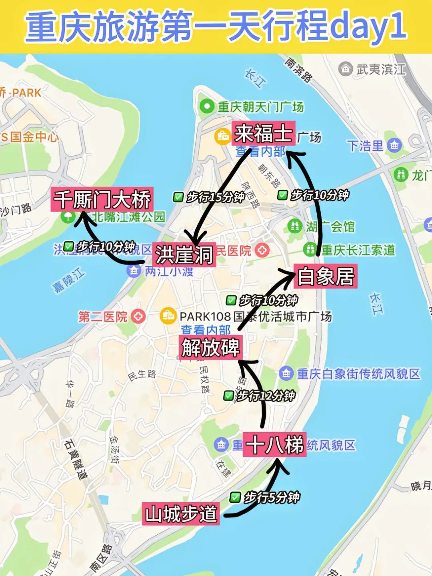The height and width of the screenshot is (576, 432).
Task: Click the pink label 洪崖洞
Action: click(x=184, y=255)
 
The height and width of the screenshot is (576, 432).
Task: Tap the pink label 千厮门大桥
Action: click(x=102, y=199)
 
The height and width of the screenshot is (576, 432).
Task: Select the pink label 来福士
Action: click(x=263, y=133)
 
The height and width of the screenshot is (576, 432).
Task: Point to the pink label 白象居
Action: click(x=325, y=276)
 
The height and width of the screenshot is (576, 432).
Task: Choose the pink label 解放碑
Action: click(x=210, y=347)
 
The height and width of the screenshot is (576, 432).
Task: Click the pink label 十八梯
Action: click(x=274, y=444)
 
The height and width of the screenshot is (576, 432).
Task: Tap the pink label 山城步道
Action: click(x=181, y=514)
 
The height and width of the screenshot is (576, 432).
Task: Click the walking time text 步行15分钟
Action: click(x=215, y=197)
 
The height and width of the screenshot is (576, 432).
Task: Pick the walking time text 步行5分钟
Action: click(x=271, y=498)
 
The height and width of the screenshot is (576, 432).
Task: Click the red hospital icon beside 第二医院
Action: click(x=138, y=317)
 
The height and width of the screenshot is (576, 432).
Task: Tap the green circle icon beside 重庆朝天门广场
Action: click(x=207, y=106)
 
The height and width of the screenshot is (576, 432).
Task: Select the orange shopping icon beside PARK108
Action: click(x=168, y=316)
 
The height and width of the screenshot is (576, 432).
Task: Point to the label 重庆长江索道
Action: click(x=358, y=250)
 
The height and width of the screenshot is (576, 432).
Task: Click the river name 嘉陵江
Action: click(x=68, y=281)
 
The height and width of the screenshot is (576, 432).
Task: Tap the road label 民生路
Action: click(x=142, y=375)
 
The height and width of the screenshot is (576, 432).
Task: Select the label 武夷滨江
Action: click(x=380, y=69)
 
